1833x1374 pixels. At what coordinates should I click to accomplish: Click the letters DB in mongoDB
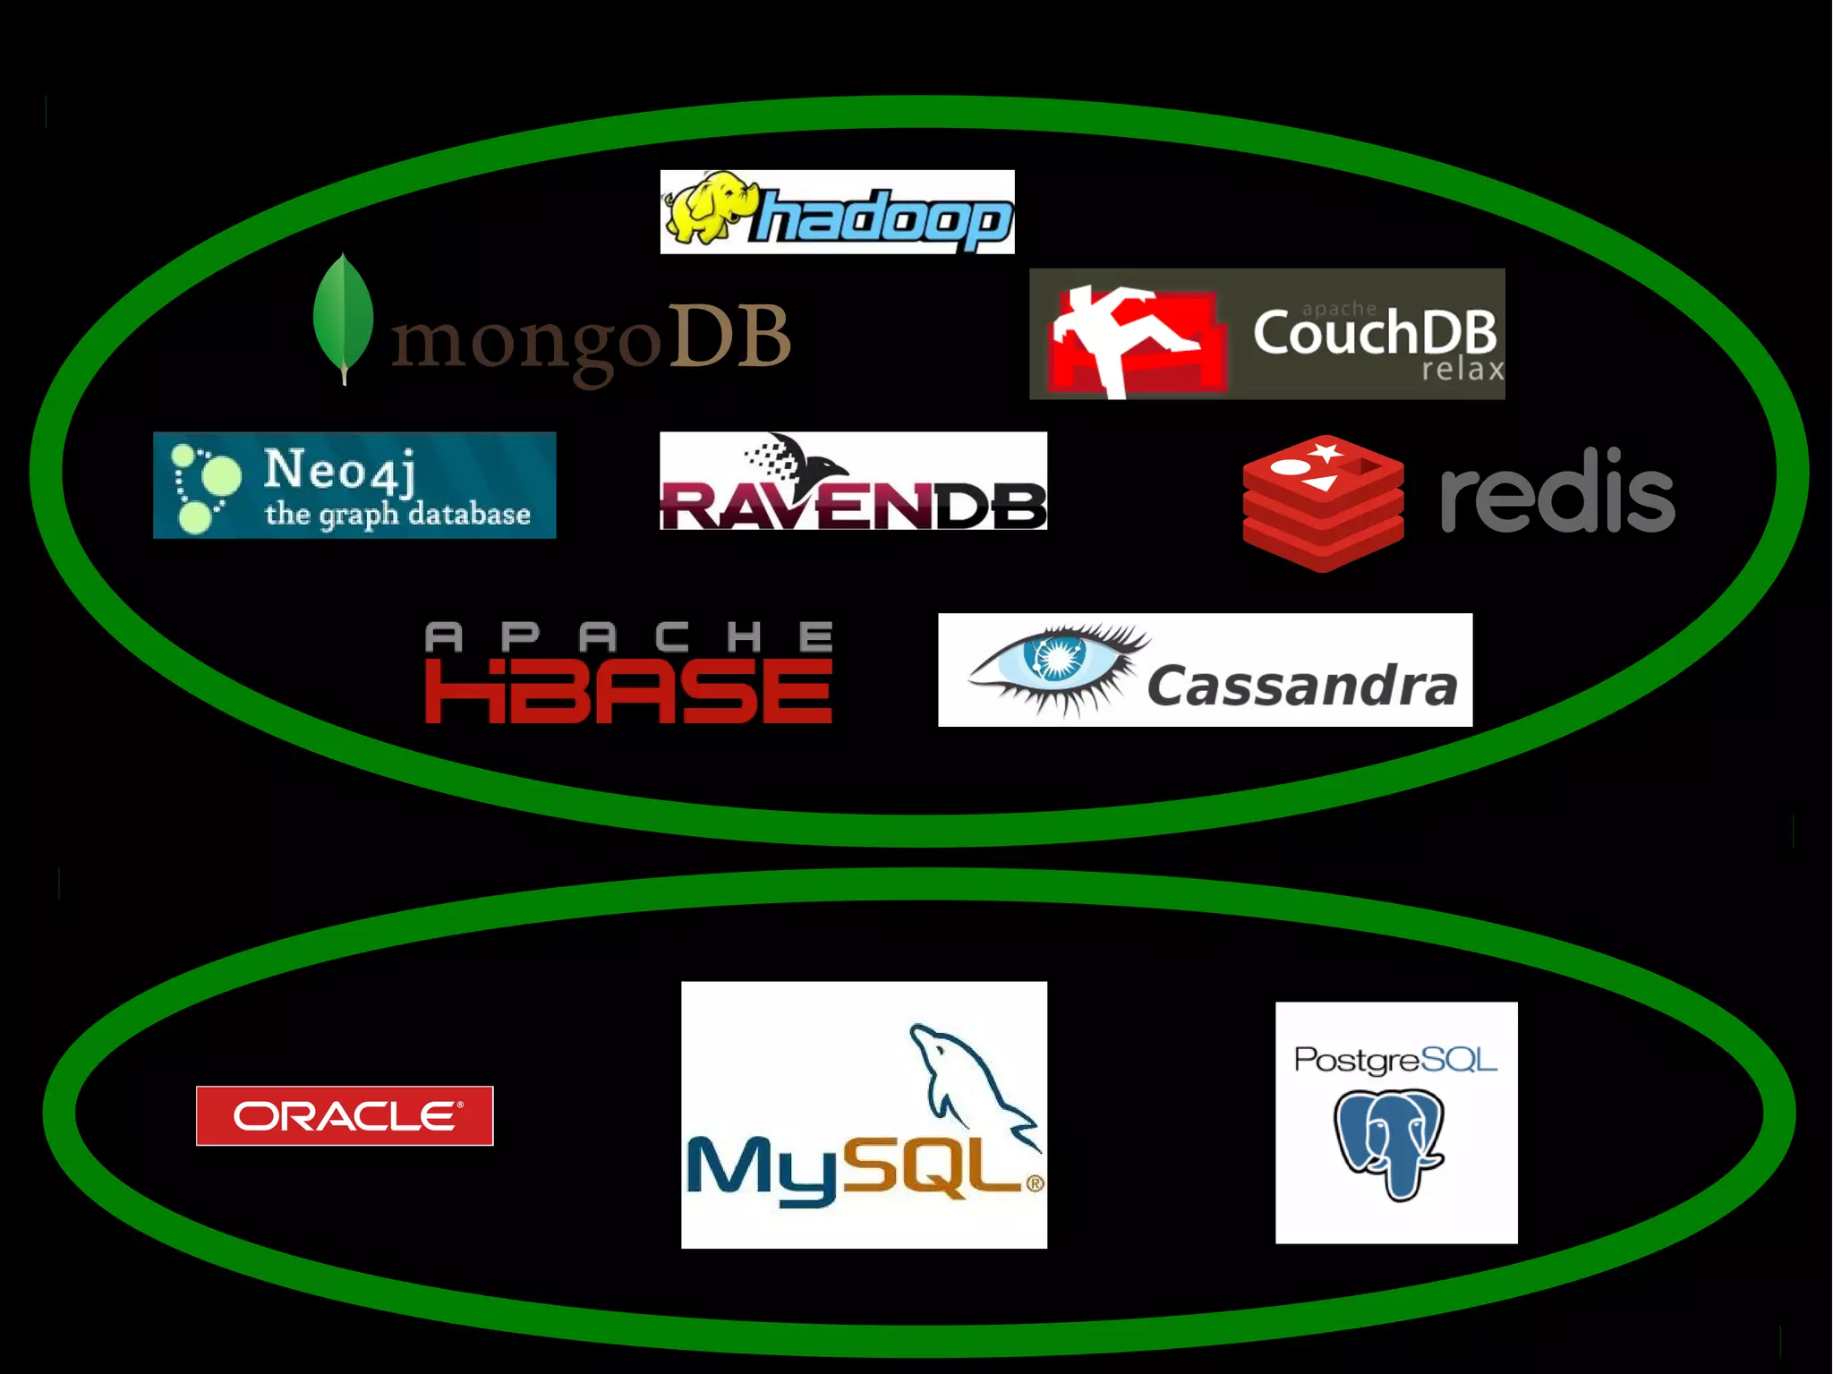click(729, 337)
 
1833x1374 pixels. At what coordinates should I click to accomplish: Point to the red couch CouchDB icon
click(1135, 340)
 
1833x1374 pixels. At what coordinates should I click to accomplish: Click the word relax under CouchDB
click(1462, 370)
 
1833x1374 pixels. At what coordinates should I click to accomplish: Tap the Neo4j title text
click(340, 469)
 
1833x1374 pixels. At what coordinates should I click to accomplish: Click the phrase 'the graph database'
click(397, 514)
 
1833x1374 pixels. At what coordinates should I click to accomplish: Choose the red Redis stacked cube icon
click(1323, 503)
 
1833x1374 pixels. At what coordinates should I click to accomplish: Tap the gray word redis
click(1557, 492)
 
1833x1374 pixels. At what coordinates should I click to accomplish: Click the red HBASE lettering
click(628, 691)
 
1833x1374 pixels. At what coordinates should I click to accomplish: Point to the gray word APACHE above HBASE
click(628, 637)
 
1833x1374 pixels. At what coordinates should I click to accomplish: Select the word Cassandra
click(1302, 686)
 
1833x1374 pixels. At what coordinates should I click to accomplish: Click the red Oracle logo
click(345, 1115)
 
